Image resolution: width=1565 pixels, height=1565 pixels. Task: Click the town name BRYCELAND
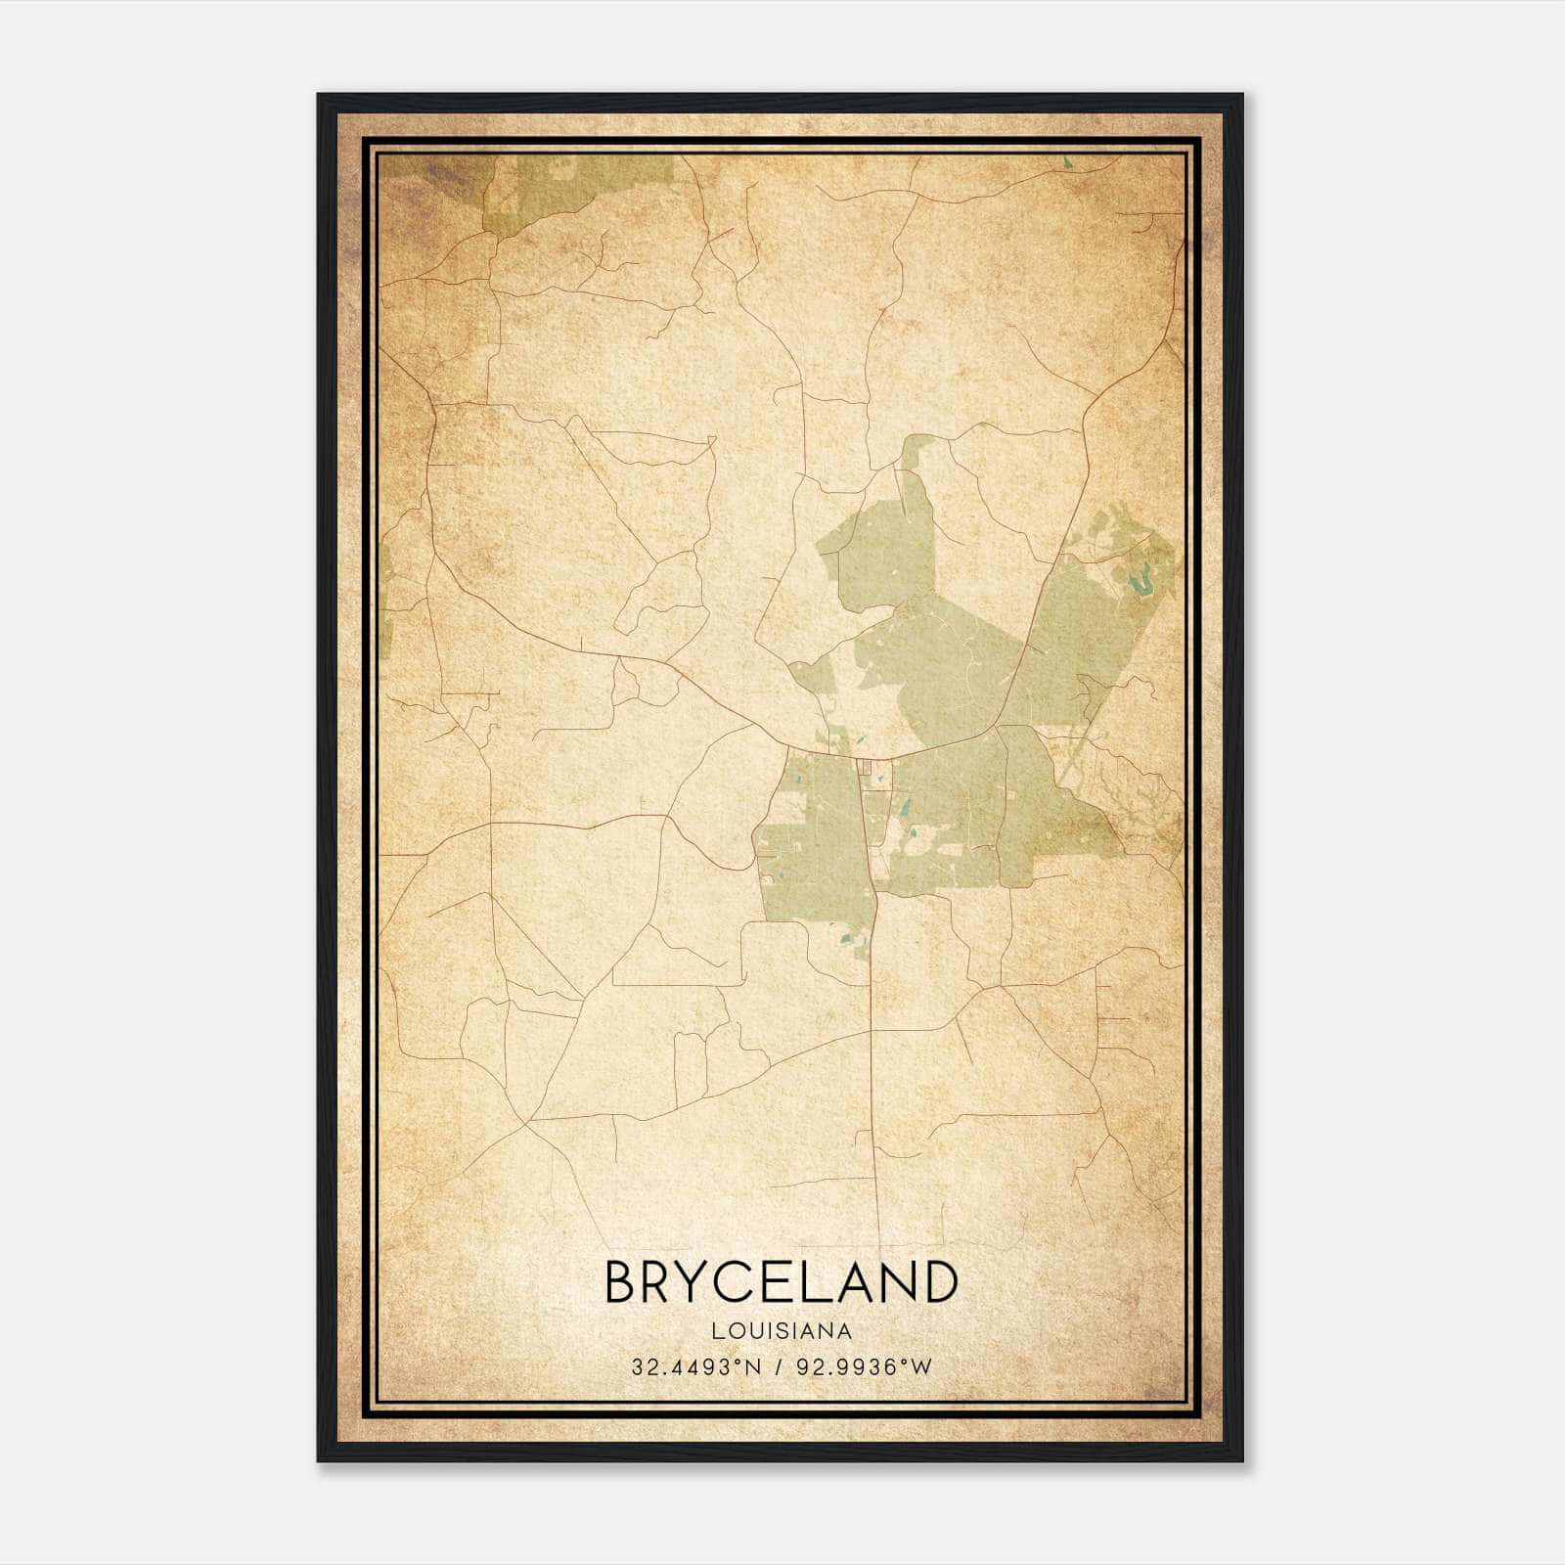click(781, 1281)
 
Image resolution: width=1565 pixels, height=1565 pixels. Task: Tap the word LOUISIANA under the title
click(781, 1330)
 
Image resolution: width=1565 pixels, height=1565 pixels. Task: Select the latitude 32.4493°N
click(695, 1367)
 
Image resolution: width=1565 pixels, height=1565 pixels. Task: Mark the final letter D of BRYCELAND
click(937, 1281)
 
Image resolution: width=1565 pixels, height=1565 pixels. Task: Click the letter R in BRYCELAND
click(663, 1281)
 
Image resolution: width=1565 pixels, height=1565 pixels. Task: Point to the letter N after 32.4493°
click(752, 1367)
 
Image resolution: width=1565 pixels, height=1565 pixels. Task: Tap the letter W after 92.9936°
click(922, 1367)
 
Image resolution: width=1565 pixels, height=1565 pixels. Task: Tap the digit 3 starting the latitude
click(638, 1367)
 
